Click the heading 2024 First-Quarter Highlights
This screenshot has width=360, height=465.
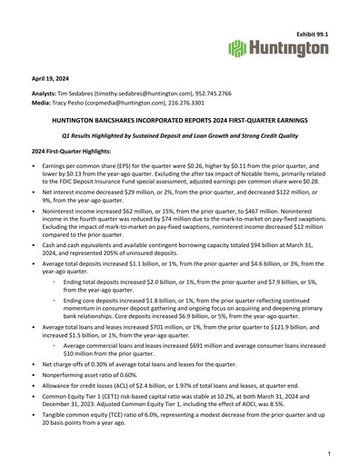coord(75,149)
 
